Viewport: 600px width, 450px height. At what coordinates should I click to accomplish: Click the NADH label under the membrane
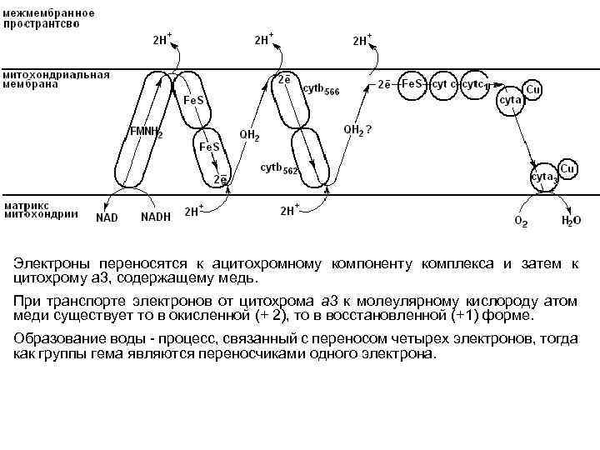pyautogui.click(x=156, y=217)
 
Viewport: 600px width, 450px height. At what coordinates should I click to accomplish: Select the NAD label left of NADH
pyautogui.click(x=107, y=217)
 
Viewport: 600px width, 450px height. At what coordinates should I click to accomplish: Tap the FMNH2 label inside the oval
pyautogui.click(x=145, y=132)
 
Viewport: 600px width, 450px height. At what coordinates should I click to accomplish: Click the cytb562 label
pyautogui.click(x=280, y=168)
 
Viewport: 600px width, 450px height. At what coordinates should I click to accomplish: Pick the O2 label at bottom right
pyautogui.click(x=520, y=222)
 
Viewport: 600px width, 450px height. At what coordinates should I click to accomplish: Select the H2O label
pyautogui.click(x=571, y=222)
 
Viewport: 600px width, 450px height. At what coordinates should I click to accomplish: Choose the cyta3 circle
pyautogui.click(x=545, y=177)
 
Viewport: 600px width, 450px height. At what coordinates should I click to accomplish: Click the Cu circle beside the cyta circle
pyautogui.click(x=532, y=88)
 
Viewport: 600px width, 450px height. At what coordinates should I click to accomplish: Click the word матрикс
pyautogui.click(x=27, y=203)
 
